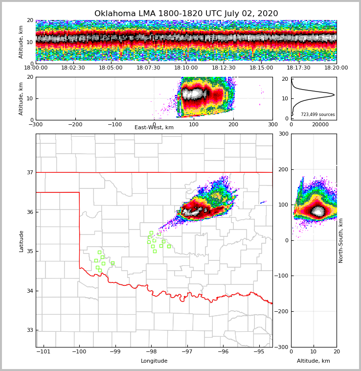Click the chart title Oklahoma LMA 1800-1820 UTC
[186, 14]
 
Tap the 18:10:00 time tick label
[186, 68]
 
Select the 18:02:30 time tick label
[73, 68]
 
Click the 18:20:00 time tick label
[336, 68]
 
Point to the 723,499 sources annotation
[317, 115]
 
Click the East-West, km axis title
[154, 128]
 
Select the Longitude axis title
[154, 361]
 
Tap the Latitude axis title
[22, 241]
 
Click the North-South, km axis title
[341, 240]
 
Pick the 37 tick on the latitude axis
[30, 172]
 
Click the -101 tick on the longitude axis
[44, 351]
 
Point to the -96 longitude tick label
[223, 351]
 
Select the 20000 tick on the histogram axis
[320, 125]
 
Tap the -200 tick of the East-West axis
[75, 124]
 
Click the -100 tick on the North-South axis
[283, 276]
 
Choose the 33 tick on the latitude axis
[30, 330]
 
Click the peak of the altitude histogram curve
[334, 94]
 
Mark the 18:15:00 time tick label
[261, 68]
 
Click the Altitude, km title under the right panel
[314, 361]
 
